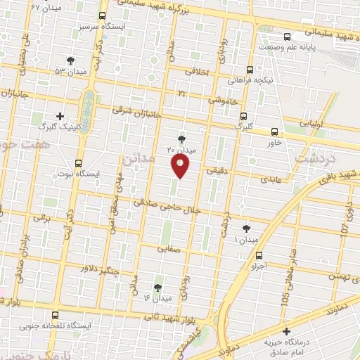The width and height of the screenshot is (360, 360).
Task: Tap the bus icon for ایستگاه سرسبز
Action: point(103,16)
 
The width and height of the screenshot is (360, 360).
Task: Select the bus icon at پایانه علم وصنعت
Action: point(285,37)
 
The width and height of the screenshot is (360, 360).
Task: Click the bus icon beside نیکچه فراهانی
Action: point(249,70)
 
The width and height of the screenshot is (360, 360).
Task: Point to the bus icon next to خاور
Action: point(274,131)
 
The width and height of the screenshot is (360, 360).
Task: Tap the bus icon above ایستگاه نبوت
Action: point(78,162)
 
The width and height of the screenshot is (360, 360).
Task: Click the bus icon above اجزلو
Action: point(259,255)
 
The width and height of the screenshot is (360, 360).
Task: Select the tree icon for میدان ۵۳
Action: point(69,60)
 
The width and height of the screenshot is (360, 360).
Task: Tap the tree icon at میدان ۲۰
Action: point(182,139)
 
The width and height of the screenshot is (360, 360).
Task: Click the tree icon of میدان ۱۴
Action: point(157,287)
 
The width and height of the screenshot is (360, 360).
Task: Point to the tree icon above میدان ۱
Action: point(245,229)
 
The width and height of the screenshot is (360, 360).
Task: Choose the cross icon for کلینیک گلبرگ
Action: point(60,117)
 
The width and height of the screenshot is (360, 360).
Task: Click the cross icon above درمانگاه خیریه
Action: point(285,331)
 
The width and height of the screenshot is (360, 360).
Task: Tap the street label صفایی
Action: point(169,247)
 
